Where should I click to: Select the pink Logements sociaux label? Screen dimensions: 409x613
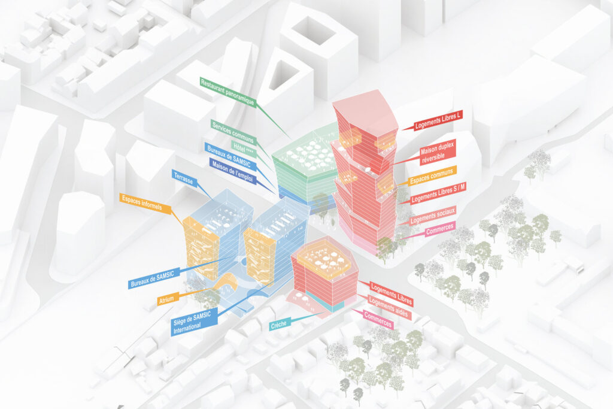433,214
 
